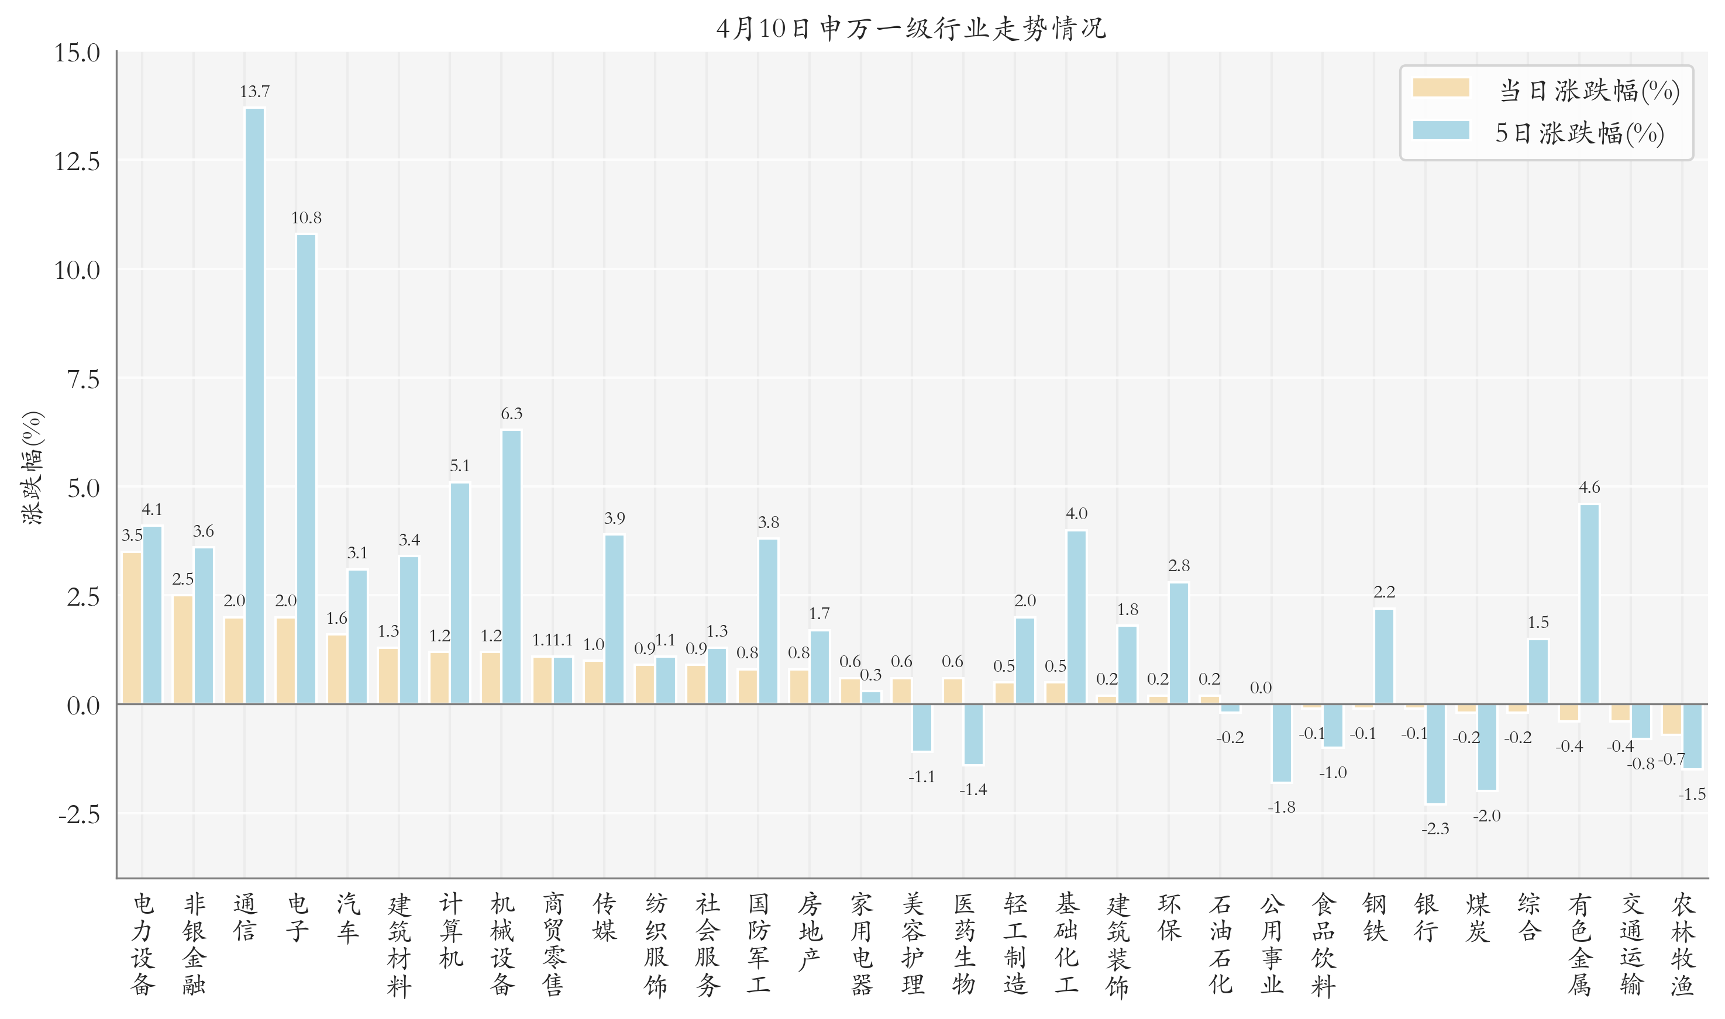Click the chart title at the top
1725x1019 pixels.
click(911, 29)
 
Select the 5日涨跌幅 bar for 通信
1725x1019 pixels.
click(254, 405)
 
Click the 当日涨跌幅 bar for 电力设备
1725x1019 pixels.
click(132, 628)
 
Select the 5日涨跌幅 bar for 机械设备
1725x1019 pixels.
click(511, 567)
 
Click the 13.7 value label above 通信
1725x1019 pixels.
click(254, 91)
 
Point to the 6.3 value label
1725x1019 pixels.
click(511, 413)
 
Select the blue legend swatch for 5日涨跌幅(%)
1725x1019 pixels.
click(1441, 130)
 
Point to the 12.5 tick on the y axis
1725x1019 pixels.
click(77, 162)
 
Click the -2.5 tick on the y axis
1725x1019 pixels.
click(79, 815)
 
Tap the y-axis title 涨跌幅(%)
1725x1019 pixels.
click(32, 468)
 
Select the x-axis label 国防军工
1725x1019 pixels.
click(759, 944)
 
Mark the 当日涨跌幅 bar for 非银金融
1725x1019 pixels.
click(183, 649)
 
